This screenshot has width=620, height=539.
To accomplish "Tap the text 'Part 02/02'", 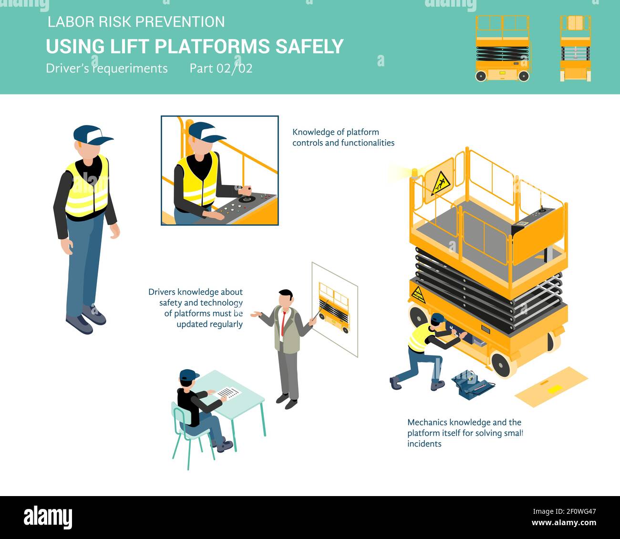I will [x=221, y=68].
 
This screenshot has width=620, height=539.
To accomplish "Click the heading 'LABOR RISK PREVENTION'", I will [x=136, y=22].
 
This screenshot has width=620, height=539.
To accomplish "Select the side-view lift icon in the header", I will [x=502, y=49].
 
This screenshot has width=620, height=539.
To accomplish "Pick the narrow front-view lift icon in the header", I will [x=575, y=49].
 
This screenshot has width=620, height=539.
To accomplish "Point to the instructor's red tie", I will [x=283, y=322].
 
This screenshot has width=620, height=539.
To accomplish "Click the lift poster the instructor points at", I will [x=334, y=309].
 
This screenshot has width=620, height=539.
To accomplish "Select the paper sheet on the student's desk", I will [x=229, y=393].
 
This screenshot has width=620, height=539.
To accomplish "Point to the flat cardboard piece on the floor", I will [x=551, y=386].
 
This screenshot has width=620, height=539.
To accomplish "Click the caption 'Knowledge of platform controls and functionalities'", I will [x=343, y=137].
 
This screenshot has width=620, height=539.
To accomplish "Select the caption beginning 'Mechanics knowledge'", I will [x=465, y=433].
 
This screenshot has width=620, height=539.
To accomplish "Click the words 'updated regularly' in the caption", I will [x=209, y=324].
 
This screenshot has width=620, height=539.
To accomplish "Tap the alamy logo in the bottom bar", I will [x=48, y=517].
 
